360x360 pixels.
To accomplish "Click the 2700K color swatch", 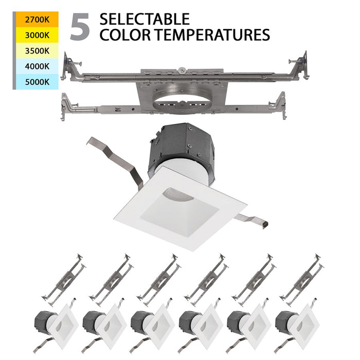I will click(x=35, y=20).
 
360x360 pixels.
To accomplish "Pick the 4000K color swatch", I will click(x=35, y=66).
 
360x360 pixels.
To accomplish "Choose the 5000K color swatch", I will click(x=35, y=81).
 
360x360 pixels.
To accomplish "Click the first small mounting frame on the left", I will click(x=64, y=281).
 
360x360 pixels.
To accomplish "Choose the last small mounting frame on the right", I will click(x=303, y=281).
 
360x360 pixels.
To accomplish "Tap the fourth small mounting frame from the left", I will click(x=208, y=281).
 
